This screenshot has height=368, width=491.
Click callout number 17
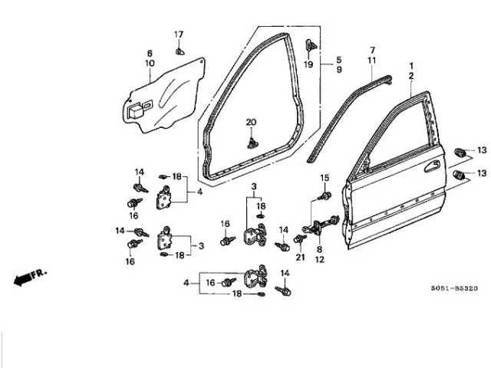point(179,34)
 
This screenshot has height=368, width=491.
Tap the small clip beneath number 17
point(180,51)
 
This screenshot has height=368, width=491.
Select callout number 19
point(308,64)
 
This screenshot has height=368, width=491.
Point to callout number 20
point(251,123)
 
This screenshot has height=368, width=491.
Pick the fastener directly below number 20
point(252,143)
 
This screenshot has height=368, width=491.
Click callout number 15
point(325,178)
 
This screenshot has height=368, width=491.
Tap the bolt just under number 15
point(325,196)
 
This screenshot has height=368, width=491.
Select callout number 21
point(300,258)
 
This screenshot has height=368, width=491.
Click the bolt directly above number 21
point(300,239)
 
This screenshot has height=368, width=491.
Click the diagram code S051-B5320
point(455,288)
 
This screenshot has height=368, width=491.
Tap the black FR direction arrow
point(23,278)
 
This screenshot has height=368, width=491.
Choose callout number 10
point(150,63)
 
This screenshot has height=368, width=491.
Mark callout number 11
point(371,61)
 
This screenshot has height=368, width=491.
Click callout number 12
point(319,259)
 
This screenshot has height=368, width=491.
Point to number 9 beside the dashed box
point(339,70)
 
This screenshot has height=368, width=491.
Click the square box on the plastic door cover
point(135,110)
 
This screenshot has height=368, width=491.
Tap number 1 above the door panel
point(411,66)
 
